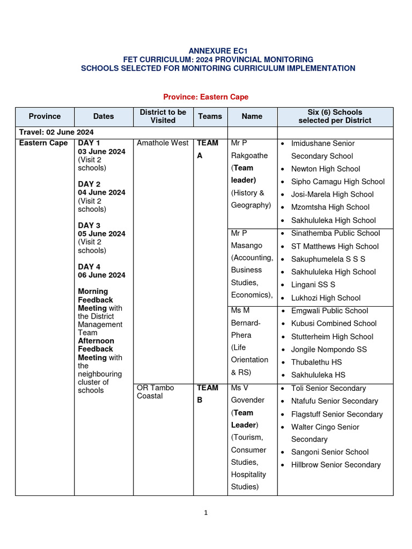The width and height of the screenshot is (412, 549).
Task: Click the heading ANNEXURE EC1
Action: [218, 50]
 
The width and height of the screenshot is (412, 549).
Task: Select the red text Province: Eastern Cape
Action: [205, 97]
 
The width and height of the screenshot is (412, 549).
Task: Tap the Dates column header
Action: [104, 116]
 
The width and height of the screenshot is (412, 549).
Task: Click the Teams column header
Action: [210, 116]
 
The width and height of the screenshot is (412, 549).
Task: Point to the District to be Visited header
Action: [163, 116]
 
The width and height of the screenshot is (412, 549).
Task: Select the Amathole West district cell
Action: [163, 143]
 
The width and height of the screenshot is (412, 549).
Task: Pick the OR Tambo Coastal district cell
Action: [156, 392]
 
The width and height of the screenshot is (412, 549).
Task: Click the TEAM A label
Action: [207, 149]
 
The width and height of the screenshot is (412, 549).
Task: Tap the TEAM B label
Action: [207, 394]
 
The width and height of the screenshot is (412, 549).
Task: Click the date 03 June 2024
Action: [102, 152]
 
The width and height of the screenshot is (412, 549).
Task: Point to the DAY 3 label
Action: [89, 226]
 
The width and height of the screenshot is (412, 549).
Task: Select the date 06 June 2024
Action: [102, 275]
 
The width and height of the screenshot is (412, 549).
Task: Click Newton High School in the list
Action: [326, 169]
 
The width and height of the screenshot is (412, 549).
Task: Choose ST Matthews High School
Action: [335, 247]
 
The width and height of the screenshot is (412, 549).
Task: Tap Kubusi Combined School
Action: [334, 324]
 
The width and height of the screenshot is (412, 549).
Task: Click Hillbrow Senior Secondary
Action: [336, 465]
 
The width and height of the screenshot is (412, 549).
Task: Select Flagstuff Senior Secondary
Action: [337, 414]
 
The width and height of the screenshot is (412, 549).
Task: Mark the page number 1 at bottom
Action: [205, 513]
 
